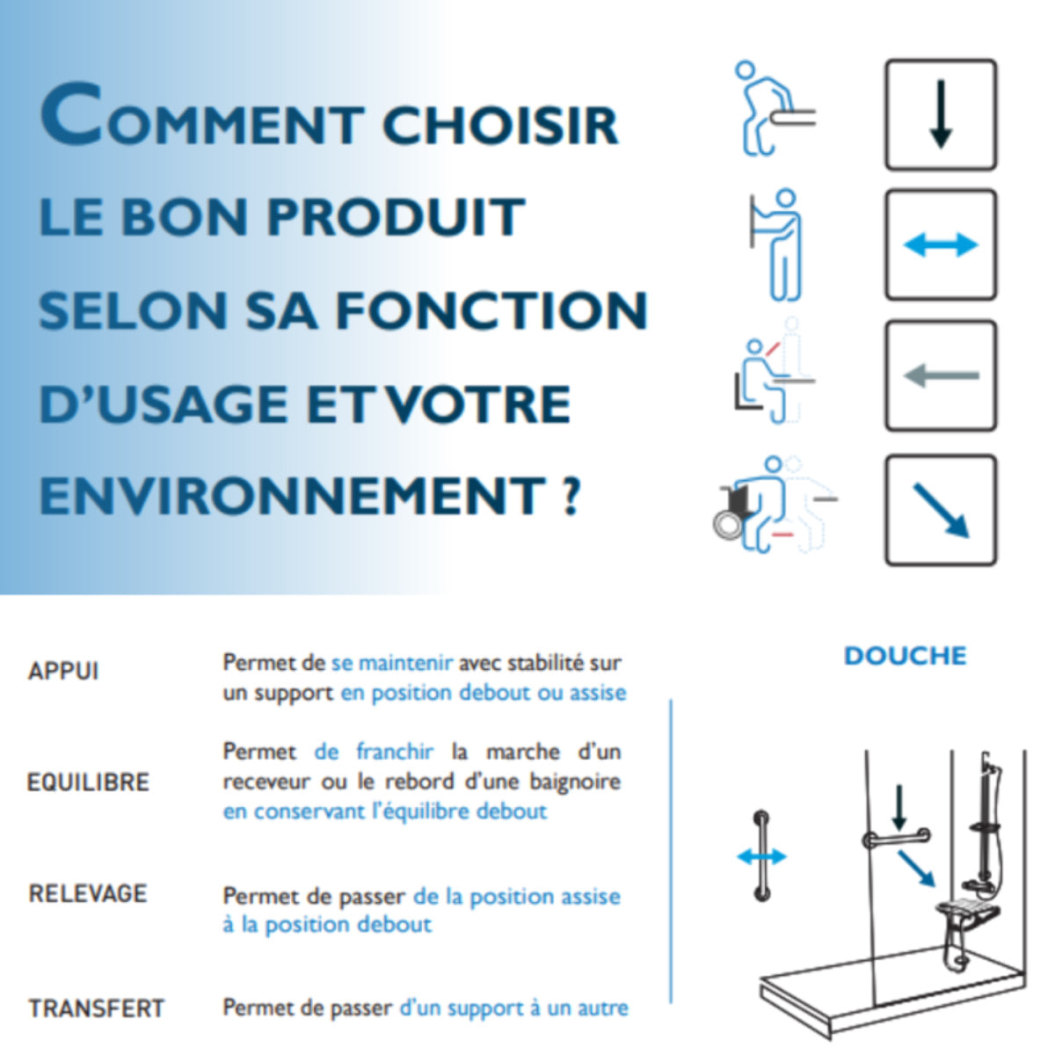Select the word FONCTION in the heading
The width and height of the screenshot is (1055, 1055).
(491, 310)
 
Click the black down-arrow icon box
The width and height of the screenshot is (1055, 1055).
(940, 114)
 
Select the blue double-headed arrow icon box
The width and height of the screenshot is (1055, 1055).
(940, 244)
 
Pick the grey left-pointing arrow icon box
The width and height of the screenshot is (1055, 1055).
(940, 375)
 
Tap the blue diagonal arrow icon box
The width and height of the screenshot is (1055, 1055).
(940, 509)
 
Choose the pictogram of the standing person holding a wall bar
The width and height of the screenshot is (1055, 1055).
(777, 244)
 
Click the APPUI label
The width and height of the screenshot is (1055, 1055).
(63, 672)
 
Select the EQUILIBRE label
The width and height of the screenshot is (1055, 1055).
(88, 782)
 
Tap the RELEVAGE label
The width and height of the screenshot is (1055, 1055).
(88, 893)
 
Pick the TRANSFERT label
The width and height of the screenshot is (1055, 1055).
(97, 1008)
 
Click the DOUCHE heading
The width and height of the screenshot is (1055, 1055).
(905, 656)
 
